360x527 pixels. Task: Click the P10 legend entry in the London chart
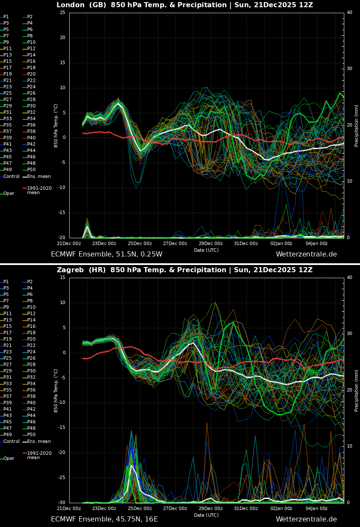pos(31,42)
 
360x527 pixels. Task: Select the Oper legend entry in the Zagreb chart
pos(8,459)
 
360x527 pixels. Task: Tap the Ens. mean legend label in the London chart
pos(39,177)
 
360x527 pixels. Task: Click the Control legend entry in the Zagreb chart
pos(11,442)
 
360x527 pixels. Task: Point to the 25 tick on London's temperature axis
pos(62,13)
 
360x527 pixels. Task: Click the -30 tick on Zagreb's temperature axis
pos(62,503)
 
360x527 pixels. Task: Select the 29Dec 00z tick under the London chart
pos(211,243)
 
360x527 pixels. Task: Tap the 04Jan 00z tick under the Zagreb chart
pos(317,508)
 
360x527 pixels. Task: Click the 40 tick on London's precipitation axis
pos(349,13)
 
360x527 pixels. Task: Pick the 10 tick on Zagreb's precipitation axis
pos(349,446)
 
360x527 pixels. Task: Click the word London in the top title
pos(70,5)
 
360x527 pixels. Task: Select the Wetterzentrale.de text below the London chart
pos(306,254)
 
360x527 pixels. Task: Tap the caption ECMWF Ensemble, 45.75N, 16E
pos(104,519)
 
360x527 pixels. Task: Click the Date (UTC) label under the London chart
pos(206,250)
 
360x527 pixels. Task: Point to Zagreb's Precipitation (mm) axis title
pos(357,390)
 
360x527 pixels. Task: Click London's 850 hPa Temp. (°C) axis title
pos(56,125)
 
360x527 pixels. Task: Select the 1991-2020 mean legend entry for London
pos(39,190)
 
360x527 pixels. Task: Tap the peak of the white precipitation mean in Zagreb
pos(132,465)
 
